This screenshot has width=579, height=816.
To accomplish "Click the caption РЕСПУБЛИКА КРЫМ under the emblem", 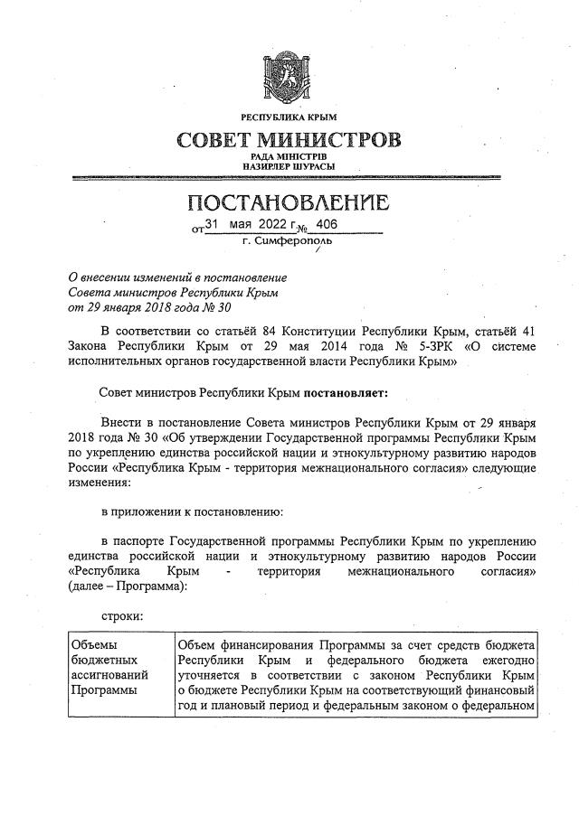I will point(289,118).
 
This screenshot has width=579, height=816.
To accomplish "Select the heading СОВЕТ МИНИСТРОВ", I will point(289,141).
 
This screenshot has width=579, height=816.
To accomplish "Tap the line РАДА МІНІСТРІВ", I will point(289,158).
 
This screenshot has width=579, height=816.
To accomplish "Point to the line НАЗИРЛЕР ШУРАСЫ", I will point(289,167).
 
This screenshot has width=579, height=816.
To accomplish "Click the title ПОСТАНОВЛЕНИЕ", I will point(289,202).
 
